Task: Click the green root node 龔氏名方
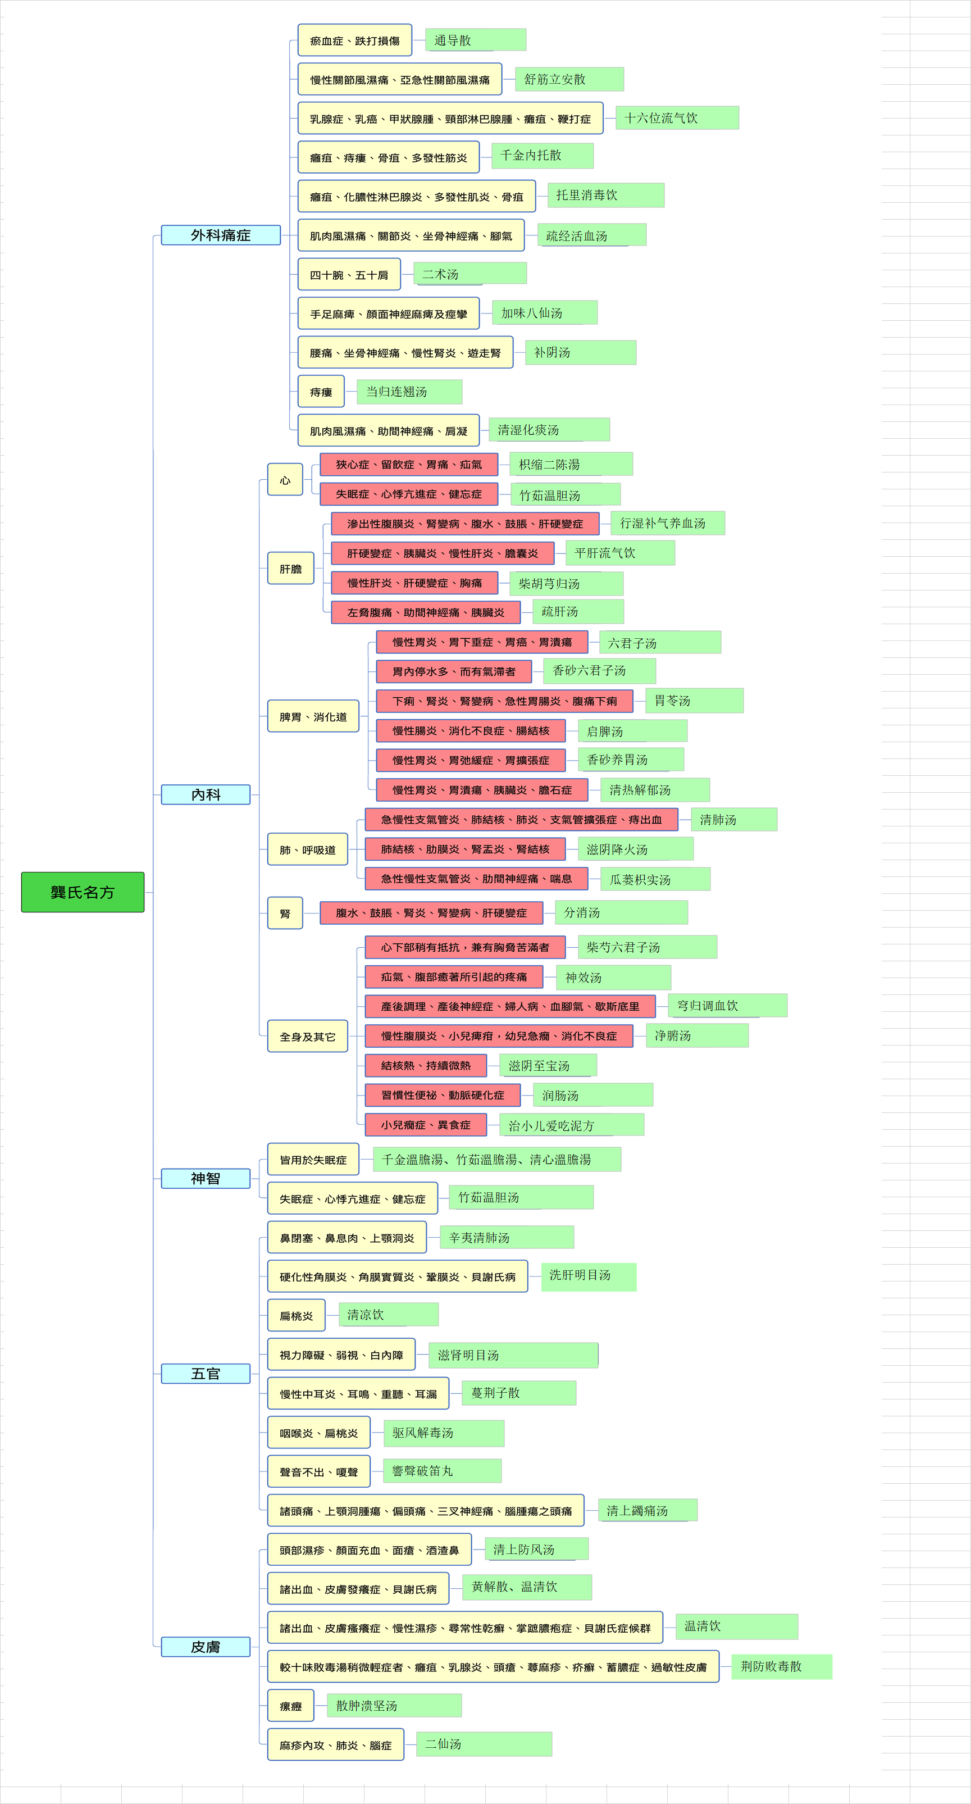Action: coord(83,892)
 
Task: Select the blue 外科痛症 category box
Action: coord(221,235)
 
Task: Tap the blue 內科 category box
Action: coord(205,794)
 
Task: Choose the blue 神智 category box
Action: coord(205,1178)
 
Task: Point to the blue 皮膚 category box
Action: coord(205,1647)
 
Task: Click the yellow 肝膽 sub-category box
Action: coord(290,568)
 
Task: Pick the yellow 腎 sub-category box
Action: coord(285,912)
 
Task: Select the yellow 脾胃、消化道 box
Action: coord(313,716)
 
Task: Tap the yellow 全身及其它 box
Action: coord(307,1036)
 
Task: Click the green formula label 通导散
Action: coord(475,40)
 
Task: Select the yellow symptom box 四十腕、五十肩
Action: coord(349,275)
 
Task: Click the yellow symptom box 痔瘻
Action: coord(321,392)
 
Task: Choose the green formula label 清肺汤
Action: coord(733,819)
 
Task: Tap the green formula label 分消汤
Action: coord(621,912)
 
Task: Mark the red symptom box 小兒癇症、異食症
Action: coord(426,1125)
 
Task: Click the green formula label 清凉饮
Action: coord(389,1315)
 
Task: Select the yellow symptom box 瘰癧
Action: coord(290,1706)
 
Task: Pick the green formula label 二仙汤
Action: coord(484,1744)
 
